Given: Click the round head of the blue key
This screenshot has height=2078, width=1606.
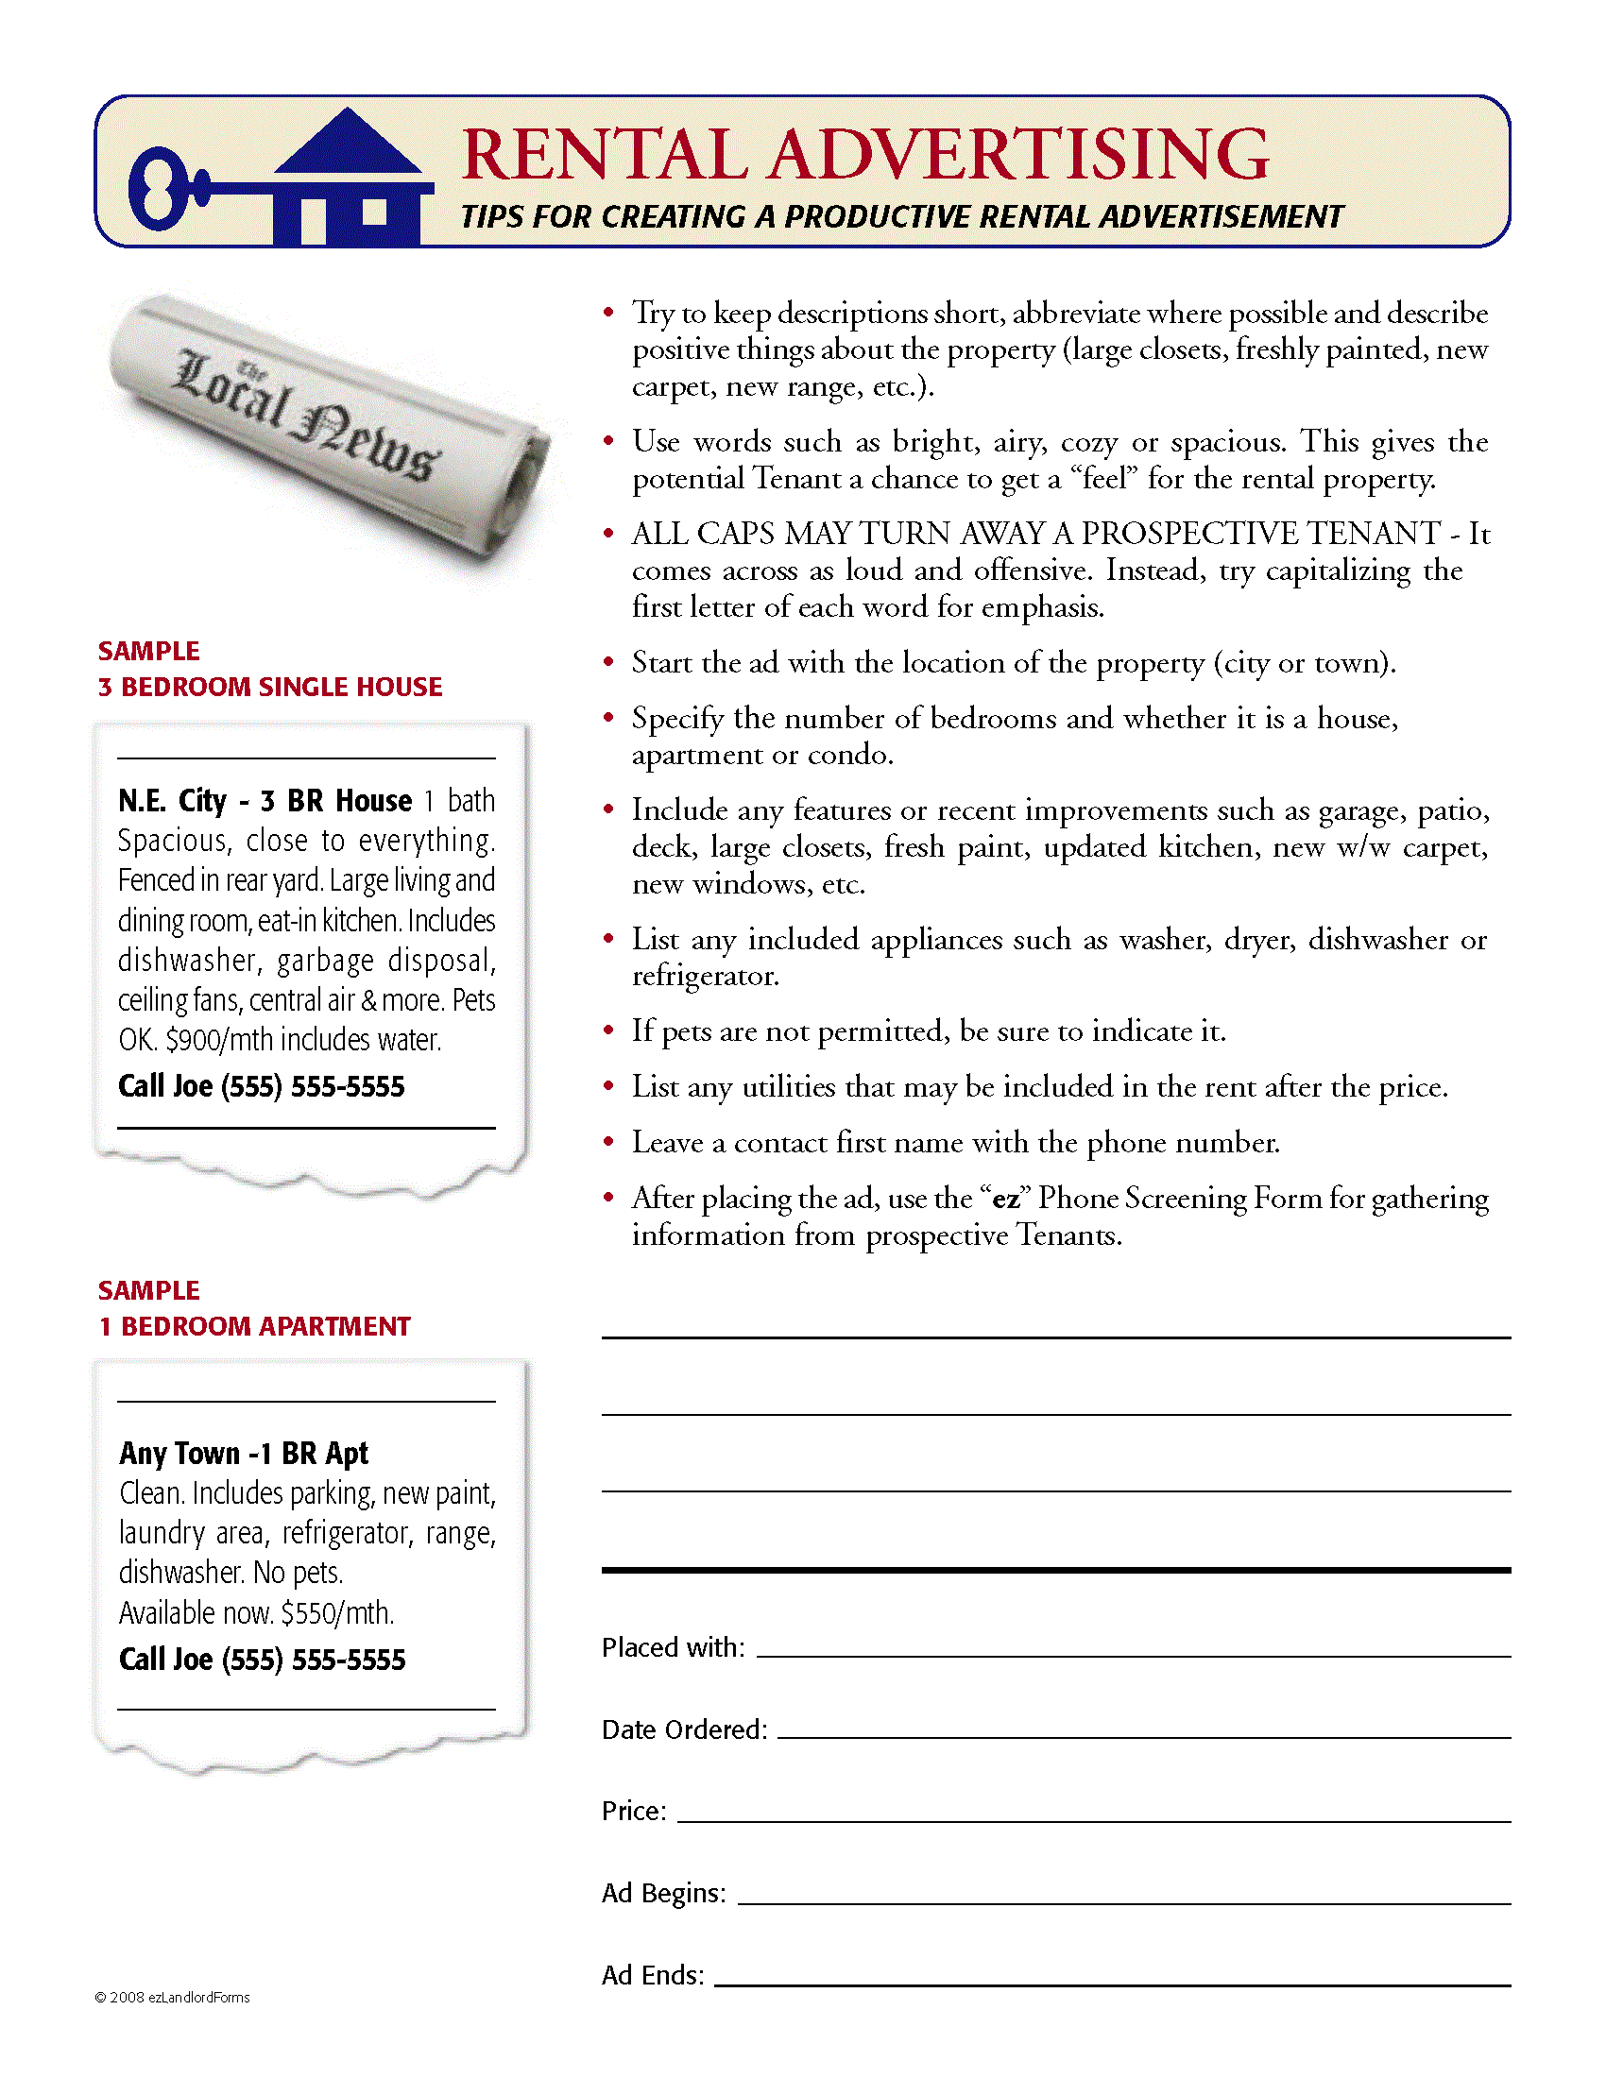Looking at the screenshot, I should pos(158,188).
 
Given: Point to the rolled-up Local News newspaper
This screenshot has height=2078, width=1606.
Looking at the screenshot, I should pos(328,428).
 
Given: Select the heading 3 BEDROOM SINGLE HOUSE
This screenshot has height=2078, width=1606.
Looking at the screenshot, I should pos(270,687).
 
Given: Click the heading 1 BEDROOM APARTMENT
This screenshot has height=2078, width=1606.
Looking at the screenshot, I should pos(255,1326).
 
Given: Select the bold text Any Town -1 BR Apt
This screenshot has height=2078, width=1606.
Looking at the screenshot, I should pos(244,1453).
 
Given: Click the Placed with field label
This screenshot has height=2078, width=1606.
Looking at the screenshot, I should pos(673,1647).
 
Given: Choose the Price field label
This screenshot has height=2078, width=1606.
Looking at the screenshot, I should pos(634,1811).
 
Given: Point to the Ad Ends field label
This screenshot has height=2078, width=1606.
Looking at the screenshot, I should pos(653,1975).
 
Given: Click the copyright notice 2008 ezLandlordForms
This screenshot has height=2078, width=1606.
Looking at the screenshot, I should pos(172,1997).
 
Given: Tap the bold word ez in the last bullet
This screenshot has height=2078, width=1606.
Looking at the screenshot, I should pos(1006,1199).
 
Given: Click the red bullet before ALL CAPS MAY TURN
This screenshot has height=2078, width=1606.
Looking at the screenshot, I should pos(609,534).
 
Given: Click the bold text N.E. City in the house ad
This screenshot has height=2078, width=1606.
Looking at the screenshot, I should pos(172,801).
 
